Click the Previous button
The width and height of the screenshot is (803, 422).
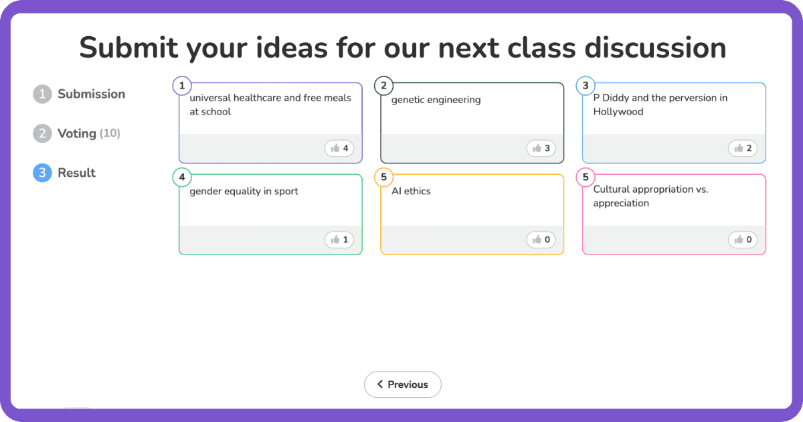tap(402, 384)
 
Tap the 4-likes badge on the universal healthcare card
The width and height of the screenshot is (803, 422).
tap(339, 148)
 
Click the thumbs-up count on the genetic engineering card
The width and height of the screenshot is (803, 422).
tap(541, 148)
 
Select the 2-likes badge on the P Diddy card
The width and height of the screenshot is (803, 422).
tap(743, 148)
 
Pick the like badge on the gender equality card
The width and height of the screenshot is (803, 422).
tap(339, 240)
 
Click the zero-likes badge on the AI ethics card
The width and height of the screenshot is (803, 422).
tap(541, 240)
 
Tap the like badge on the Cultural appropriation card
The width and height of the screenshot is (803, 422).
tap(743, 240)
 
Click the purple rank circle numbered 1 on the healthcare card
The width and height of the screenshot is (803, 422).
tap(182, 86)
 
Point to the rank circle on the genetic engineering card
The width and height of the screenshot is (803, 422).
tap(383, 86)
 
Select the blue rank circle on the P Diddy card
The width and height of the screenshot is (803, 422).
tap(586, 86)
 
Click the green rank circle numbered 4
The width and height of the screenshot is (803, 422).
tap(182, 178)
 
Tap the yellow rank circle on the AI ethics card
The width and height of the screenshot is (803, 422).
tap(383, 178)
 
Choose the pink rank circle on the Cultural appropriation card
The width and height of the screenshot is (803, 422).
tap(586, 178)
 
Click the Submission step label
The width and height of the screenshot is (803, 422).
tap(91, 94)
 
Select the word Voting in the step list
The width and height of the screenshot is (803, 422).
tap(77, 133)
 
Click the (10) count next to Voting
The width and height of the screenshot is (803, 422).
tap(110, 133)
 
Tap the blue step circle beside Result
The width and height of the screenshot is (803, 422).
tap(42, 173)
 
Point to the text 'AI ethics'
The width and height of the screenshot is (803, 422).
tap(411, 192)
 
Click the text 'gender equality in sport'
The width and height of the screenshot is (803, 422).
tap(244, 192)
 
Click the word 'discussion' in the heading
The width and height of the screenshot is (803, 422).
tap(655, 48)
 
